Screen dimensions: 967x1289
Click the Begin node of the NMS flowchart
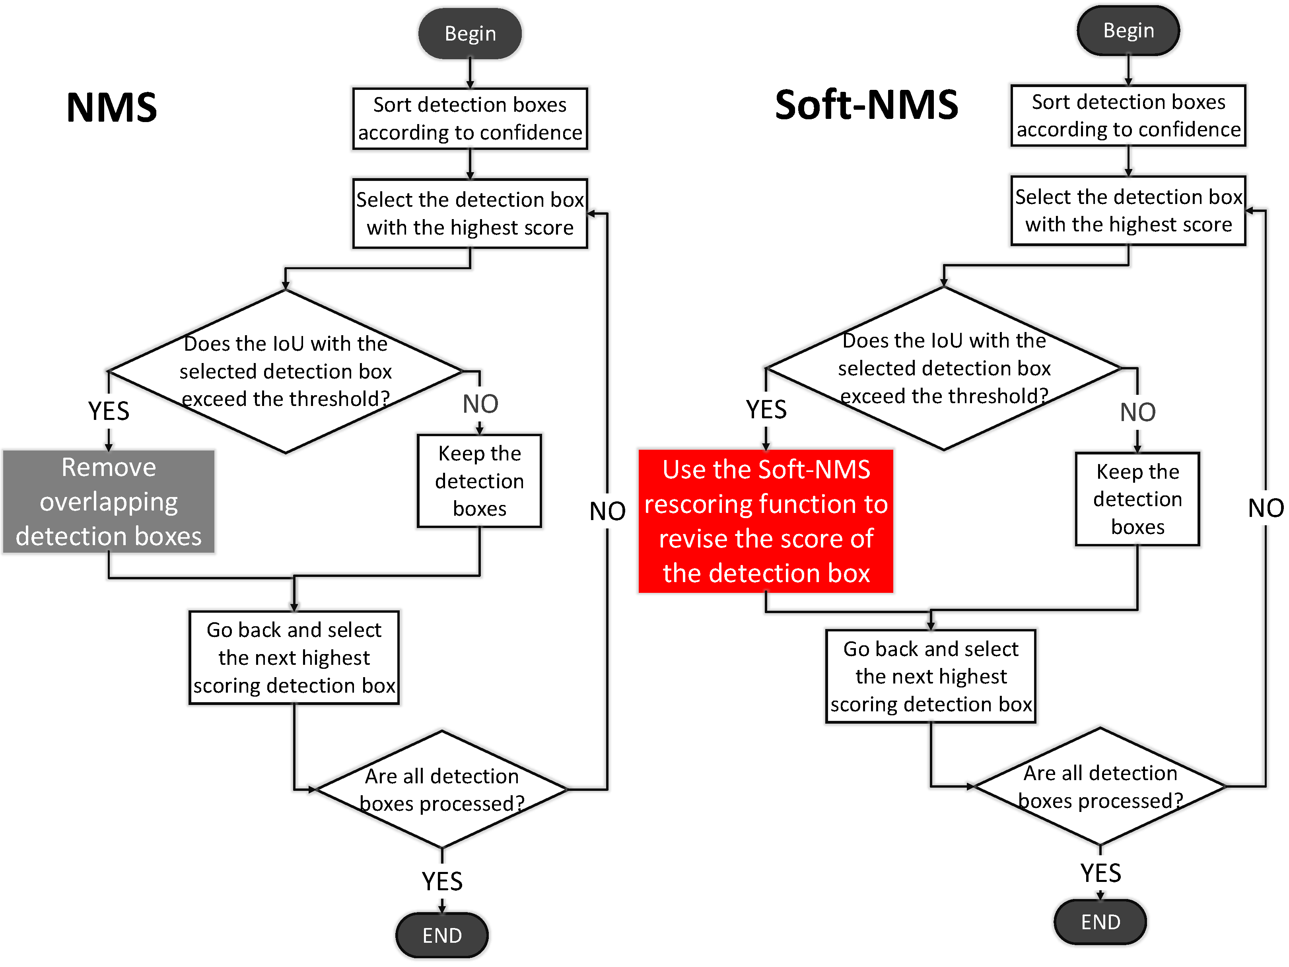[470, 33]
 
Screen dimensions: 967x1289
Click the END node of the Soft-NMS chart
[1100, 922]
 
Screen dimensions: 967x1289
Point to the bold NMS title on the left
[112, 108]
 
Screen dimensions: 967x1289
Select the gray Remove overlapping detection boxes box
[109, 501]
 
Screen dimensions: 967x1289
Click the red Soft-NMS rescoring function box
[766, 521]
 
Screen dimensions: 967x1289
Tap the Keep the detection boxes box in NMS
[479, 481]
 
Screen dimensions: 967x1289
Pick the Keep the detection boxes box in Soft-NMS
[1137, 499]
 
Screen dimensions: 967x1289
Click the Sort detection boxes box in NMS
[470, 119]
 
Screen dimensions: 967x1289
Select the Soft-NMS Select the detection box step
[1128, 211]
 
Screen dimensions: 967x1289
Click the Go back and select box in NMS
[294, 658]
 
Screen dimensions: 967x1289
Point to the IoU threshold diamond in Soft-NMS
[943, 368]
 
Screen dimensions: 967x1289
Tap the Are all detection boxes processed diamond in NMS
[442, 789]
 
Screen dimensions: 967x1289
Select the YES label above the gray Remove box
[109, 411]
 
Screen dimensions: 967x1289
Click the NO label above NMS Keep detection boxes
[480, 404]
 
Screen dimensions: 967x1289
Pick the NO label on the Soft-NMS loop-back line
[1266, 508]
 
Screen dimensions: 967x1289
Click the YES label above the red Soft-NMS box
[766, 410]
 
